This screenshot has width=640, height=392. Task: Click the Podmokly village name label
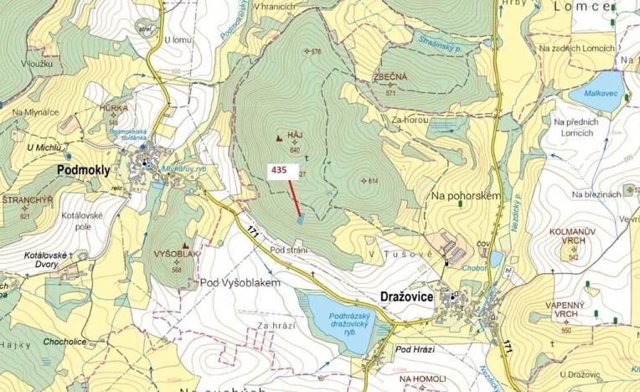pos(84,169)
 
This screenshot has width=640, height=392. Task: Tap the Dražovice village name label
pos(406,297)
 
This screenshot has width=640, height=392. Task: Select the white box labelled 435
pos(280,169)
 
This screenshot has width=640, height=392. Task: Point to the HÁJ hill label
pos(294,134)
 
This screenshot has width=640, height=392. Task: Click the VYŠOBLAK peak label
pos(176,252)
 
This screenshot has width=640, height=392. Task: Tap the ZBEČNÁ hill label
pos(390,77)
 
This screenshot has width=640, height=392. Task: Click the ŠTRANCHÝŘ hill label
pos(28,201)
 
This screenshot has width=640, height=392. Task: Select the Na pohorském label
pos(466,195)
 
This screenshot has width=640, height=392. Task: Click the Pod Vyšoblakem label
pos(239,282)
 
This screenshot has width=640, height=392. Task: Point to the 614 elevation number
pos(373,182)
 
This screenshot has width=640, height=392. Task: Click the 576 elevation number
pos(316,52)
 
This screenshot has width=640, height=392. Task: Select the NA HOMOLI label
pos(421,379)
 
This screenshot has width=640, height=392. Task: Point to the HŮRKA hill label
pos(113,108)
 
